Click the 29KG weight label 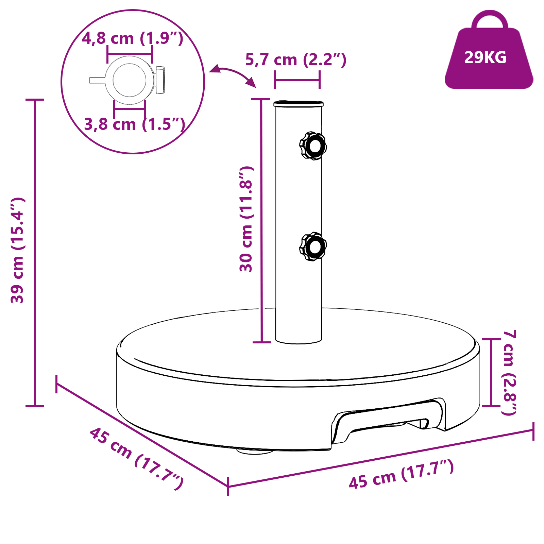tap(485, 57)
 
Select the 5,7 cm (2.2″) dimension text tap(295, 60)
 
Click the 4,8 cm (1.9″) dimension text tap(132, 38)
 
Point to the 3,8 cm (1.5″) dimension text tap(134, 124)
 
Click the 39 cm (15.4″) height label tap(17, 250)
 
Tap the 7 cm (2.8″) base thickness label tap(509, 372)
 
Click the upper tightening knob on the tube tap(313, 146)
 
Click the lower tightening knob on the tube tap(313, 247)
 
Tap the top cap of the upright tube tap(299, 103)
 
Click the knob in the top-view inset tap(160, 80)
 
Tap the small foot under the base tap(254, 452)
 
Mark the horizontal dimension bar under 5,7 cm tap(297, 80)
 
